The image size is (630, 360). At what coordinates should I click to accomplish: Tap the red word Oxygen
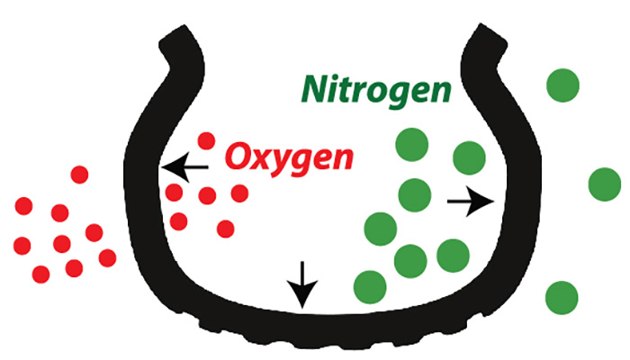coord(289,159)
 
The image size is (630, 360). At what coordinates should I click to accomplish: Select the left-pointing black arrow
coord(184,166)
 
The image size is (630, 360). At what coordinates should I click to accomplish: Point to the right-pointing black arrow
coord(471,201)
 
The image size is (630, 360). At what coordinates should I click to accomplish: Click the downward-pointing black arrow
coord(302,284)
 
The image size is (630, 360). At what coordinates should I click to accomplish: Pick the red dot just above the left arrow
coord(206,141)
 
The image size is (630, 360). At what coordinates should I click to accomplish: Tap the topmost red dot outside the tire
coord(79,175)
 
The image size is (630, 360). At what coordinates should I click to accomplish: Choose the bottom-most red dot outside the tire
coord(41,274)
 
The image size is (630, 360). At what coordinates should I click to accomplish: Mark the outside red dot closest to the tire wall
coord(107,258)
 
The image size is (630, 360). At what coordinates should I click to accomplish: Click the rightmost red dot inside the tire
coord(239,193)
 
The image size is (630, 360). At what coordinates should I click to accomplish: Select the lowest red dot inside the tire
coord(225,229)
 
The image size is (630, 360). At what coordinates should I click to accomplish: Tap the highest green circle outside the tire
coord(562,85)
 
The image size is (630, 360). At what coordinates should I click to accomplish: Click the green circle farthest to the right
coord(605,184)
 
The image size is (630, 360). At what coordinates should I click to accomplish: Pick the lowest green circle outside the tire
coord(562,298)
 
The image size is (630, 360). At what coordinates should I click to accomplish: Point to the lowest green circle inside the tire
coord(370,287)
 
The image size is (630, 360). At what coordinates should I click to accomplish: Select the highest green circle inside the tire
coord(412,145)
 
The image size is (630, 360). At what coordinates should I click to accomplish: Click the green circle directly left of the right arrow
coord(415,195)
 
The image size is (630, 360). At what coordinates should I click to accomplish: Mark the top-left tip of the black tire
coord(184,26)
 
